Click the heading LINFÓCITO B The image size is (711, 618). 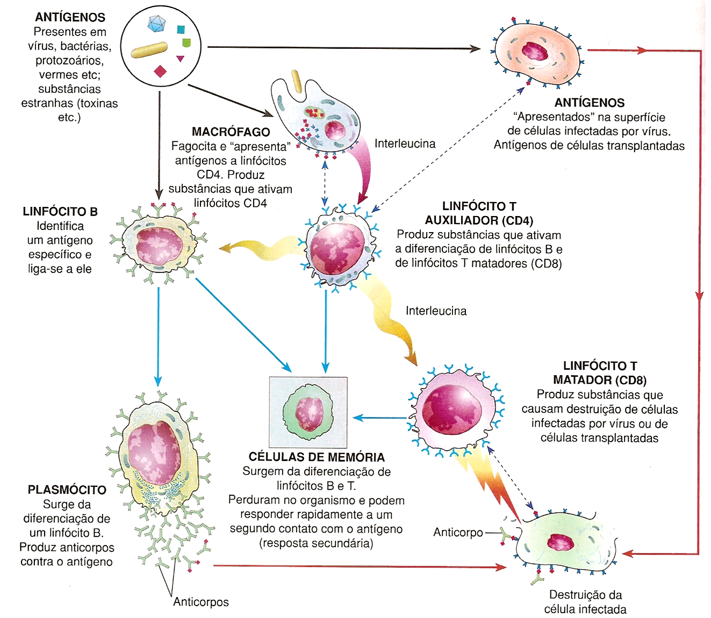coord(60,211)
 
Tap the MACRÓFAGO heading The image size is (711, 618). coord(231,132)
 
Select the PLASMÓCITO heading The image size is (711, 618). coord(67,490)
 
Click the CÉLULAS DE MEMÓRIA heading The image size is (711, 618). coord(317,457)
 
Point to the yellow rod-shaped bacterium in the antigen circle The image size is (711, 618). coord(149,50)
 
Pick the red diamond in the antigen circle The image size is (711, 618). coord(160,71)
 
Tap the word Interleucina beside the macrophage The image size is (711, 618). coord(405,143)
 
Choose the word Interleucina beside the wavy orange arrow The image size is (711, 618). coord(436,311)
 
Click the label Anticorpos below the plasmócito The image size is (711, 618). coord(201,602)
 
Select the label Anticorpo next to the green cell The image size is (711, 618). coord(458,532)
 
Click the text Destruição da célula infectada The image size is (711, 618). coord(585,602)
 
